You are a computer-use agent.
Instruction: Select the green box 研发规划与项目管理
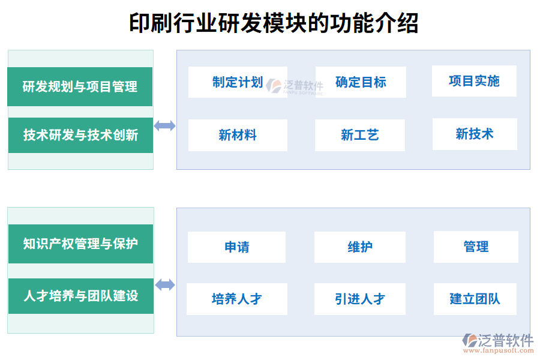pyautogui.click(x=80, y=87)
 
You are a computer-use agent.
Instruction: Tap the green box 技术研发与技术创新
pyautogui.click(x=80, y=135)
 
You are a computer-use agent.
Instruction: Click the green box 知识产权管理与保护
pyautogui.click(x=80, y=244)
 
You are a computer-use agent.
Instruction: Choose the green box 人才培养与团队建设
pyautogui.click(x=80, y=296)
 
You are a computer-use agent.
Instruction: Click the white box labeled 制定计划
pyautogui.click(x=238, y=82)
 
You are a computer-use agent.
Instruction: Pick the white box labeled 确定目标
pyautogui.click(x=361, y=82)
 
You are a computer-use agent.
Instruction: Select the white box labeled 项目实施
pyautogui.click(x=474, y=81)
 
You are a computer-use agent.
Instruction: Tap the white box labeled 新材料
pyautogui.click(x=238, y=135)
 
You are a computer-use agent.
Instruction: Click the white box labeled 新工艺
pyautogui.click(x=360, y=135)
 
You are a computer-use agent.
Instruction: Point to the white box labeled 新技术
pyautogui.click(x=474, y=134)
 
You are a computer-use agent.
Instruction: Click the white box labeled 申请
pyautogui.click(x=236, y=247)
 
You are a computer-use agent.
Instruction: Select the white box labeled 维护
pyautogui.click(x=360, y=247)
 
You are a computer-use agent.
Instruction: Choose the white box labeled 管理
pyautogui.click(x=476, y=247)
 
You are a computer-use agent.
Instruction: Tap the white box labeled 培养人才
pyautogui.click(x=236, y=299)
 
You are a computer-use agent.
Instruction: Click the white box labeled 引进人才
pyautogui.click(x=360, y=299)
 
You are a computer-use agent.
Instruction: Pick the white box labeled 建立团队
pyautogui.click(x=475, y=299)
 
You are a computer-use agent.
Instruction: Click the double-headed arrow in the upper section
pyautogui.click(x=164, y=125)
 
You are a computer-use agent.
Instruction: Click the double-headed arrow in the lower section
pyautogui.click(x=165, y=285)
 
